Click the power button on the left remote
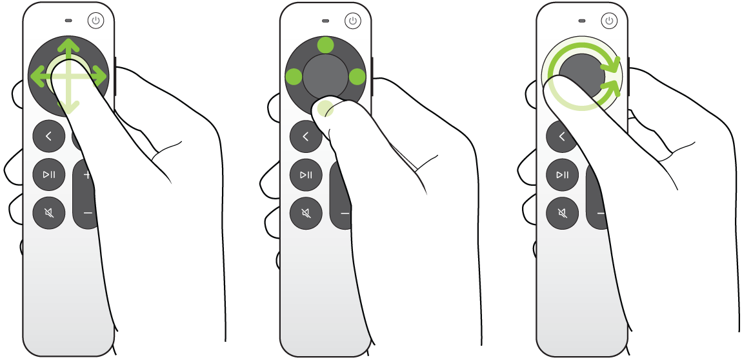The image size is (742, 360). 95,21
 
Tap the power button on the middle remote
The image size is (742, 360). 352,21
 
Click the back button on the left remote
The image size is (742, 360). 49,135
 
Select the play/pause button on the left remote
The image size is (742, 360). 49,174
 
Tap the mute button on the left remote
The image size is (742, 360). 49,212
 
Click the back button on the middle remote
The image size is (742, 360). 305,135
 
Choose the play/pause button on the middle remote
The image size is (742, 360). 306,174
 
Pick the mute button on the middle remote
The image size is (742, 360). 306,212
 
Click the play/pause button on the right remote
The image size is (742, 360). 563,174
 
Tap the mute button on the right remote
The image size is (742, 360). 563,212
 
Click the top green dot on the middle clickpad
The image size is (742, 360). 326,45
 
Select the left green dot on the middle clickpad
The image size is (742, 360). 294,77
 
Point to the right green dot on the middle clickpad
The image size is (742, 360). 357,77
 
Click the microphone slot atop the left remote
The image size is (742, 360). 69,21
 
